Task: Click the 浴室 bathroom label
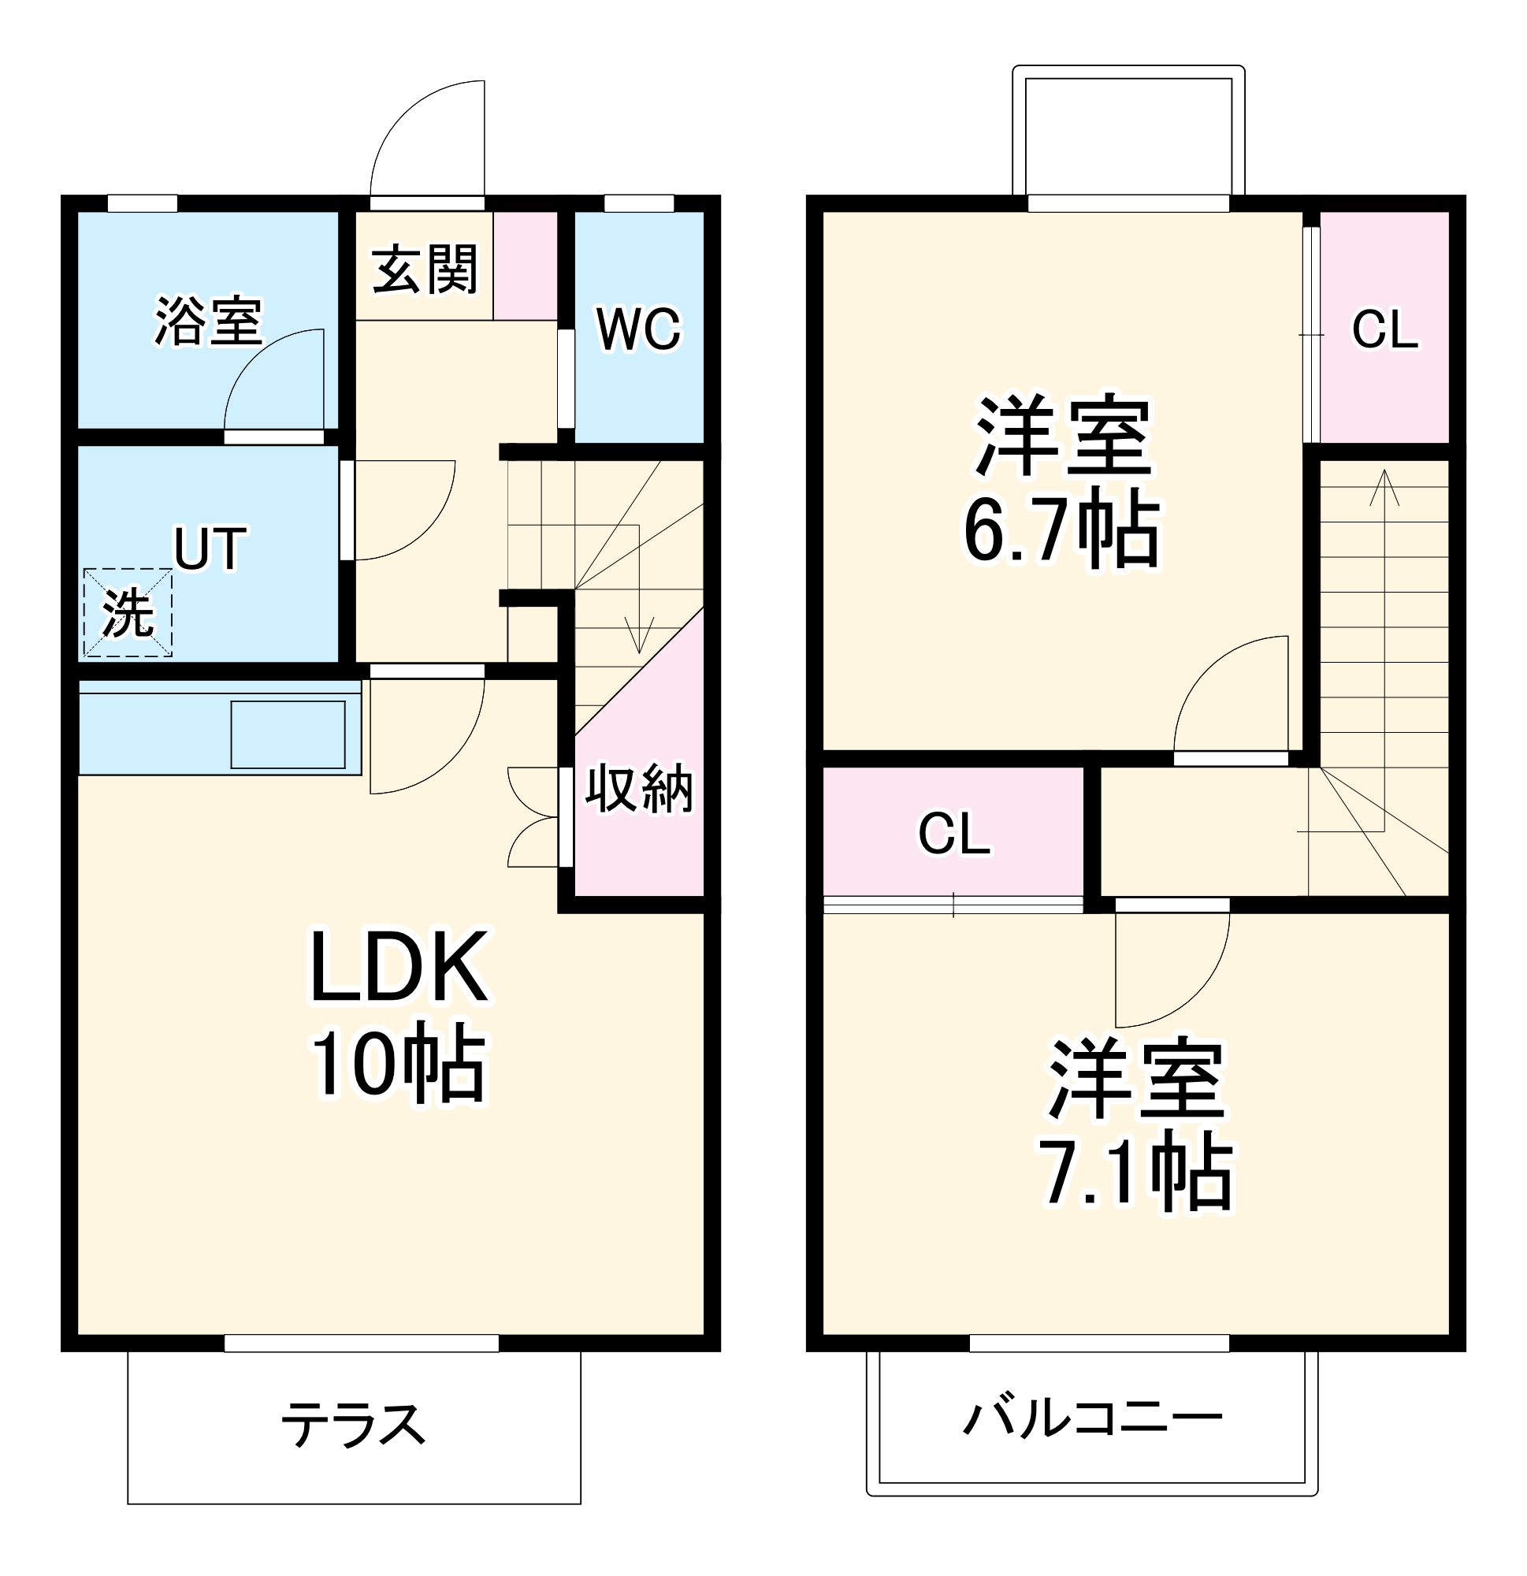click(x=207, y=322)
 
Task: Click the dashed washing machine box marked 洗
click(x=128, y=613)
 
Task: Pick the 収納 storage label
click(x=638, y=789)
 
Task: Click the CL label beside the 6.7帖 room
click(x=1384, y=329)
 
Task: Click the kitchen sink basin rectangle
click(x=288, y=734)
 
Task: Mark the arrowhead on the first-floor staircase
click(x=639, y=640)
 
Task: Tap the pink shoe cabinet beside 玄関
click(x=525, y=266)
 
